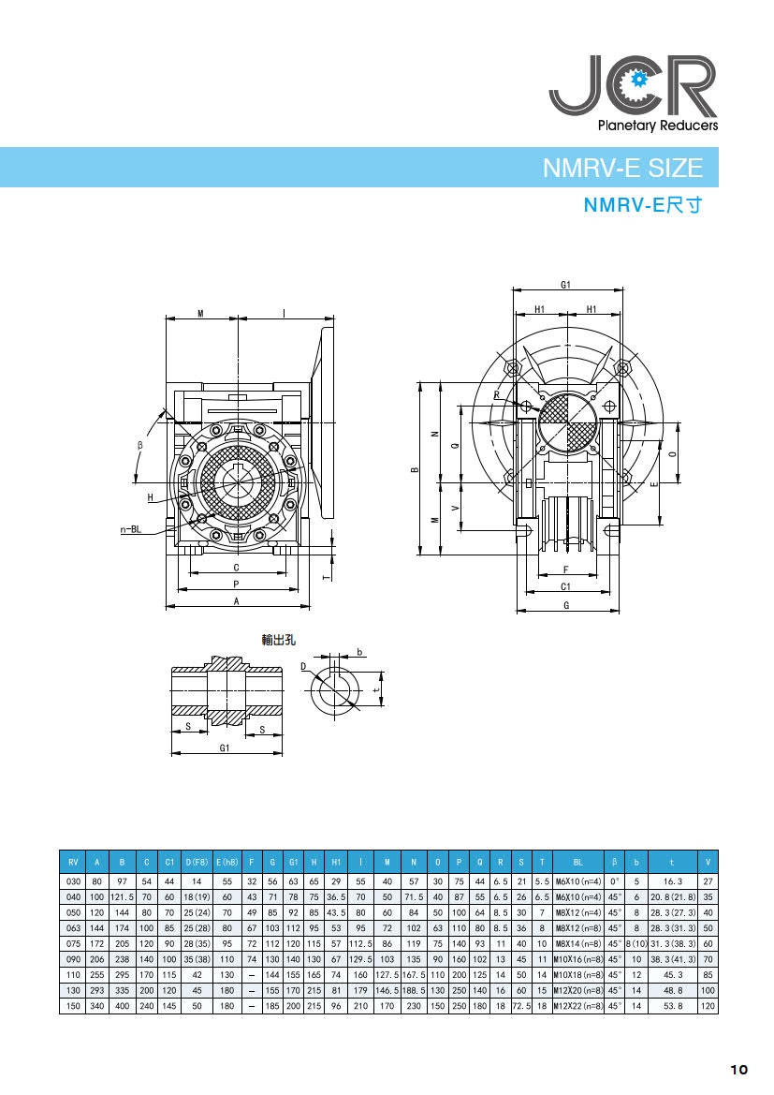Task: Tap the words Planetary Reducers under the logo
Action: click(x=657, y=126)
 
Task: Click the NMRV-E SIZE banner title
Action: click(x=622, y=168)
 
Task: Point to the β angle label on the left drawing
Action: click(x=139, y=445)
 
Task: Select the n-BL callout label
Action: click(x=130, y=529)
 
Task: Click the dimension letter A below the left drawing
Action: click(x=237, y=600)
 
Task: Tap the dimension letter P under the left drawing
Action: click(x=237, y=584)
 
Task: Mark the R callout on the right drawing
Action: click(x=497, y=395)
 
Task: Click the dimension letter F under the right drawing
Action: click(x=566, y=570)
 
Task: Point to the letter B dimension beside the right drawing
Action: click(x=415, y=469)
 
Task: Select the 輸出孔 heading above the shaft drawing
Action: click(x=279, y=640)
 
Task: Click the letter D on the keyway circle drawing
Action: click(x=303, y=666)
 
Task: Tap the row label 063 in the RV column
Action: click(x=73, y=928)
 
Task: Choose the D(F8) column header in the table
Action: click(x=197, y=863)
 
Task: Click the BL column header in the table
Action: click(x=577, y=863)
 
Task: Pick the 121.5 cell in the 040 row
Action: click(x=123, y=896)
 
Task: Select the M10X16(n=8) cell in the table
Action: click(x=577, y=959)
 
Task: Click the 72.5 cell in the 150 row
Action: click(x=521, y=1006)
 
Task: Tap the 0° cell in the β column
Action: click(x=614, y=881)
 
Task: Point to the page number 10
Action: click(x=739, y=1069)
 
